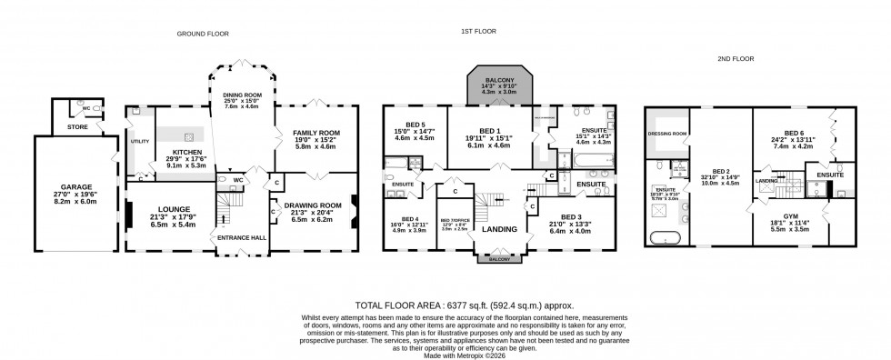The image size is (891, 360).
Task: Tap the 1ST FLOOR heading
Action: [x=476, y=30]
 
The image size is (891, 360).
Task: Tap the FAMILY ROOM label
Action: [x=314, y=134]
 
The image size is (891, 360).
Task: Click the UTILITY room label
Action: [x=139, y=141]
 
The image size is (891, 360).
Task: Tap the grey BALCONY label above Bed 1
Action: [x=496, y=79]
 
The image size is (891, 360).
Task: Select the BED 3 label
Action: [x=569, y=217]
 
